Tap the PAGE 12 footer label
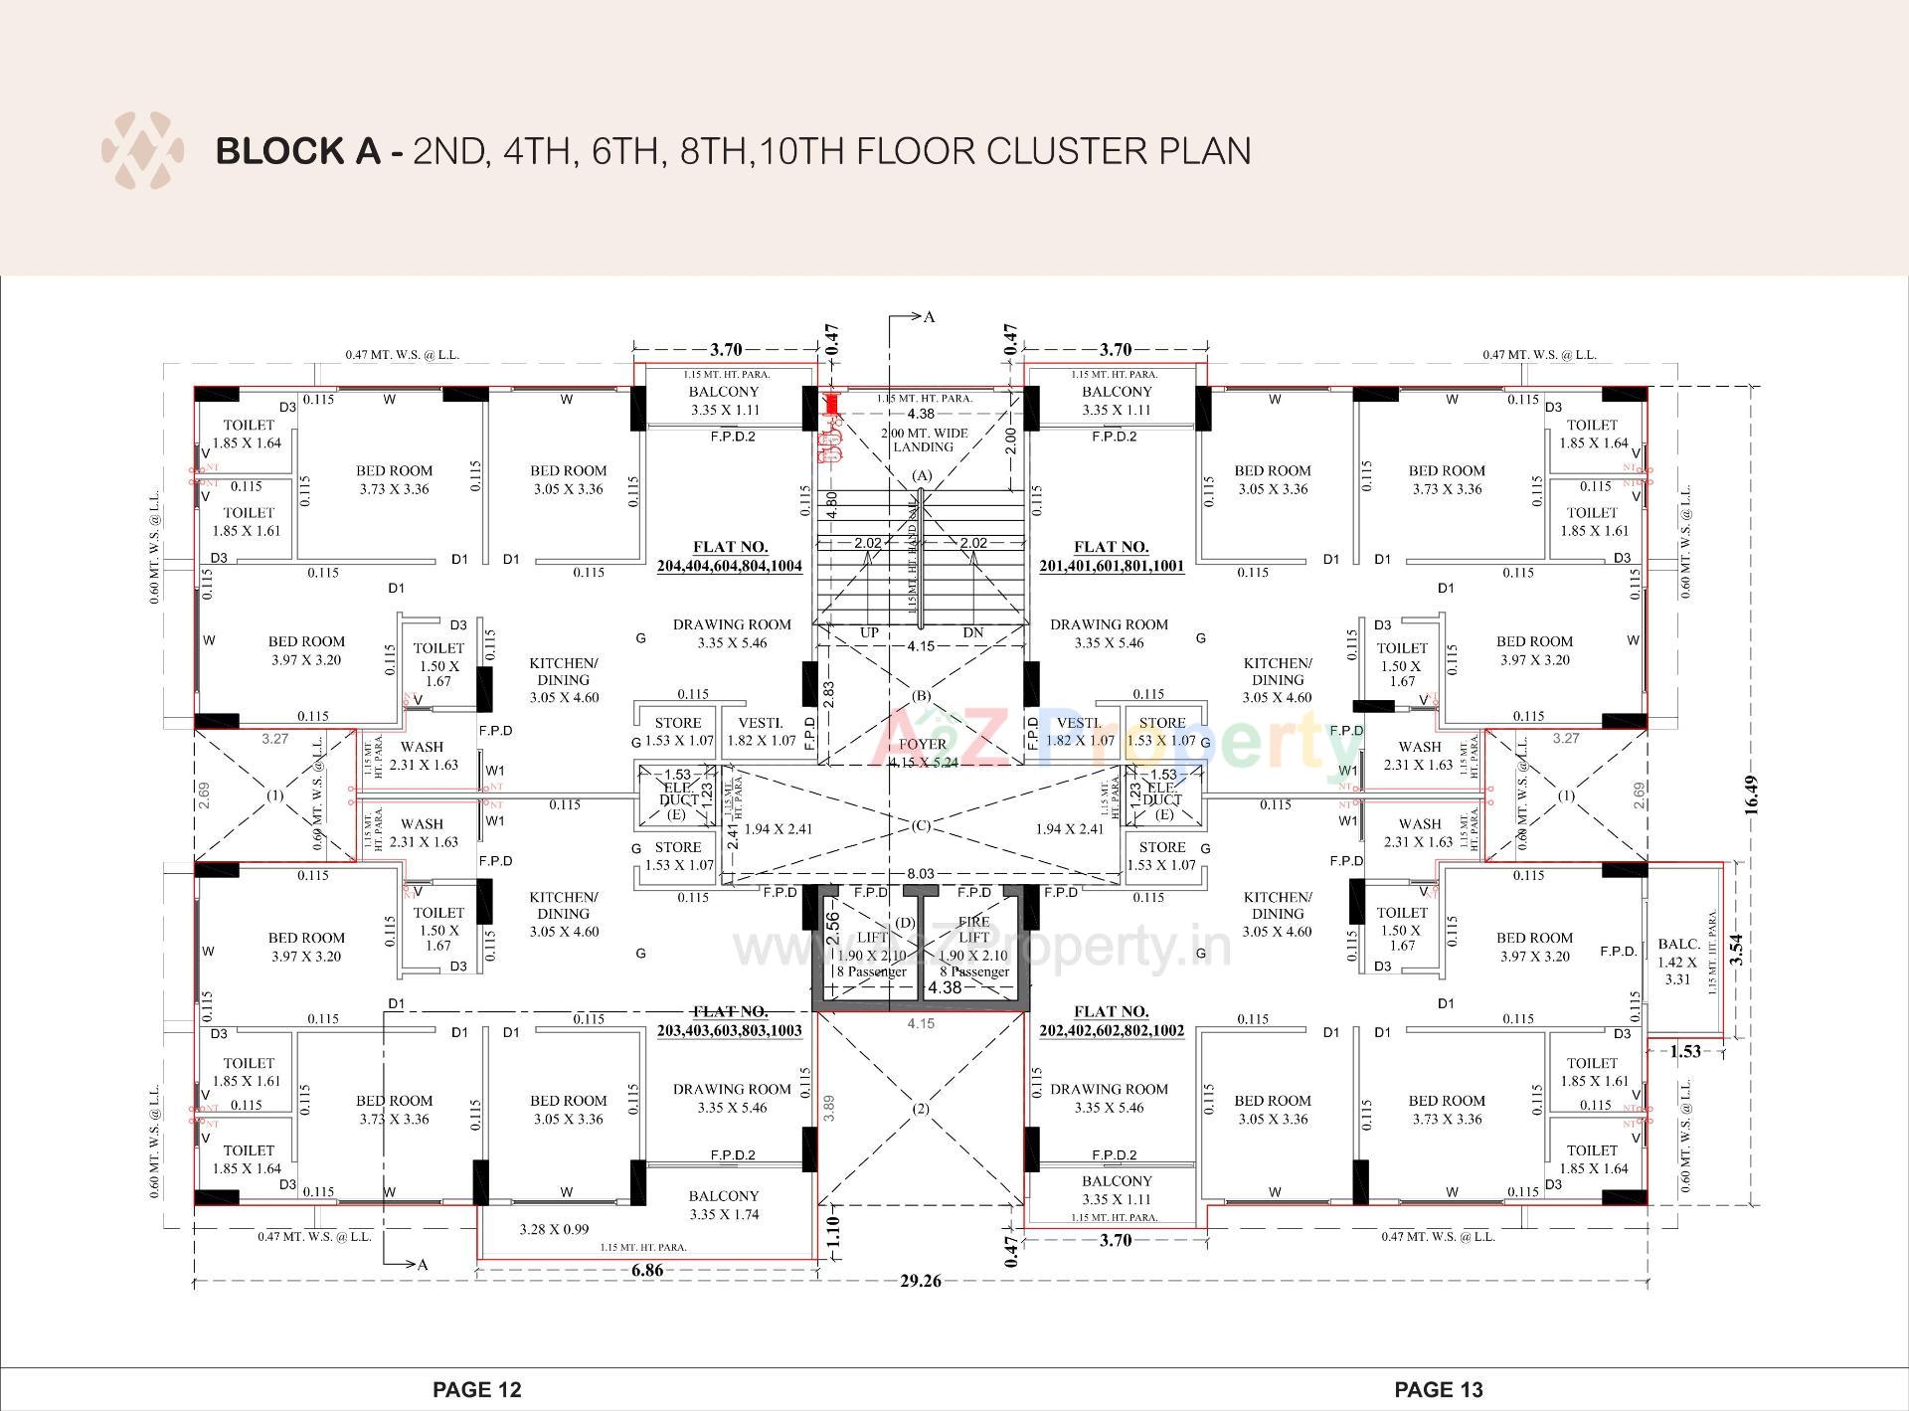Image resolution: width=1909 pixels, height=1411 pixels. (x=476, y=1389)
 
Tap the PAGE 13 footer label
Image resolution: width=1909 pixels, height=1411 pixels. (x=1438, y=1389)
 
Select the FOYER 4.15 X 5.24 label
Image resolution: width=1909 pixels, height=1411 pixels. (x=922, y=753)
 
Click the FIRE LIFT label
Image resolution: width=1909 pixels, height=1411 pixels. (x=973, y=930)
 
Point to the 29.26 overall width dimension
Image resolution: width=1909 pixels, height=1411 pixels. (x=920, y=1281)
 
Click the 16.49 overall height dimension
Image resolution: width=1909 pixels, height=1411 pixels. (x=1751, y=794)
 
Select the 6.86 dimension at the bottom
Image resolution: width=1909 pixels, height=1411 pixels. (x=647, y=1270)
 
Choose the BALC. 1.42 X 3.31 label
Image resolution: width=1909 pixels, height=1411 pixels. (x=1677, y=962)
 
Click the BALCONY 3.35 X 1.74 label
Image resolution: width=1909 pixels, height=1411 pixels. (x=723, y=1205)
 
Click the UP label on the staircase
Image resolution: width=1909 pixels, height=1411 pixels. (x=869, y=632)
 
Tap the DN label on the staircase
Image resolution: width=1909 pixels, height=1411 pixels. (x=972, y=632)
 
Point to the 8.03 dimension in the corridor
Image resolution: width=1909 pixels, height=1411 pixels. (x=920, y=873)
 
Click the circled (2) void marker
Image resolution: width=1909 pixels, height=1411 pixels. (x=921, y=1109)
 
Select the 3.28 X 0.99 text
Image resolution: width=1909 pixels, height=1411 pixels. (x=554, y=1229)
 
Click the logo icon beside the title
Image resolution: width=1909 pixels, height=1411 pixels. (x=142, y=150)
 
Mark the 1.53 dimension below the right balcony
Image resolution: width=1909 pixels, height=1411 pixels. (x=1684, y=1051)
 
